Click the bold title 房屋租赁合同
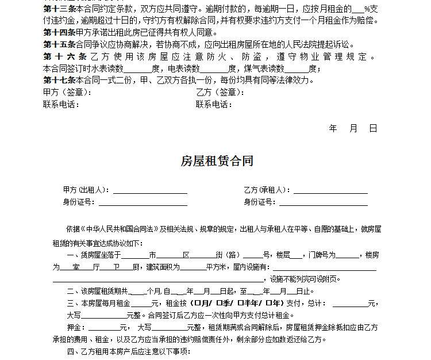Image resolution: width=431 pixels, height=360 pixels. point(217,161)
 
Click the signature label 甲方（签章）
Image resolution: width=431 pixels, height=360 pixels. point(66,92)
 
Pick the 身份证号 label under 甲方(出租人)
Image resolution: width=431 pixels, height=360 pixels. point(79,202)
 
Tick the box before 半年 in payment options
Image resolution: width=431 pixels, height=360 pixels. point(241,303)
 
